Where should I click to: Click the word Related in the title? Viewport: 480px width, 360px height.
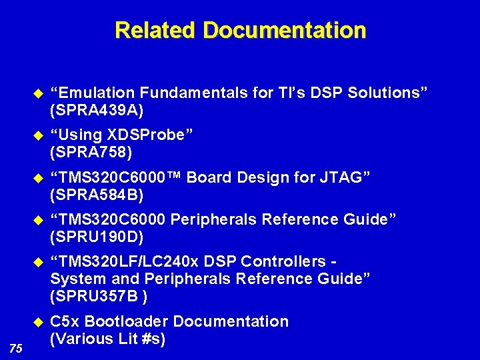point(156,31)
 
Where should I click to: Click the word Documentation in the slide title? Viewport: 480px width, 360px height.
point(285,31)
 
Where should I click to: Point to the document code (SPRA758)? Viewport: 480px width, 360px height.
point(91,153)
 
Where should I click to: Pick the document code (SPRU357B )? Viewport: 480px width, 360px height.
point(99,296)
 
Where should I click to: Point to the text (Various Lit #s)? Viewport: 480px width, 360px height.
point(108,339)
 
